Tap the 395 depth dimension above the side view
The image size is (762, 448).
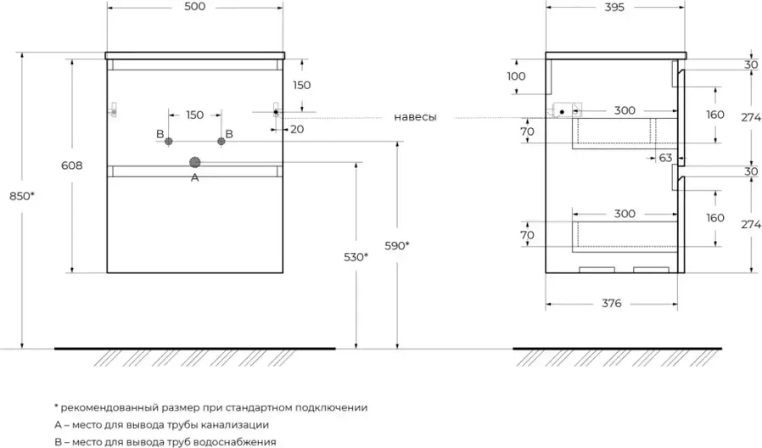coord(614,8)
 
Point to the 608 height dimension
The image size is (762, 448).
coord(72,166)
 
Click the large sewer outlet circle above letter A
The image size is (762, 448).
coord(195,161)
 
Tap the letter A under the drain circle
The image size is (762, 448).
coord(195,177)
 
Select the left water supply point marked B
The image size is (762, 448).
coord(169,141)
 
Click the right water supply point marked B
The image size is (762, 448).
coord(221,141)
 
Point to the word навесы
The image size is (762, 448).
coord(415,117)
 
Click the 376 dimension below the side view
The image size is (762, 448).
coord(613,303)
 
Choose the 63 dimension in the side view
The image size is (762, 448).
coord(664,157)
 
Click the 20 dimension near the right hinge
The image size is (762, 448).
coord(296,129)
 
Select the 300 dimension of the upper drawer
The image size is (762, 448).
coord(625,110)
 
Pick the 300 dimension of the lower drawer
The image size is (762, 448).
coord(625,214)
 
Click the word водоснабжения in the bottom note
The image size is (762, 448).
coord(238,441)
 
